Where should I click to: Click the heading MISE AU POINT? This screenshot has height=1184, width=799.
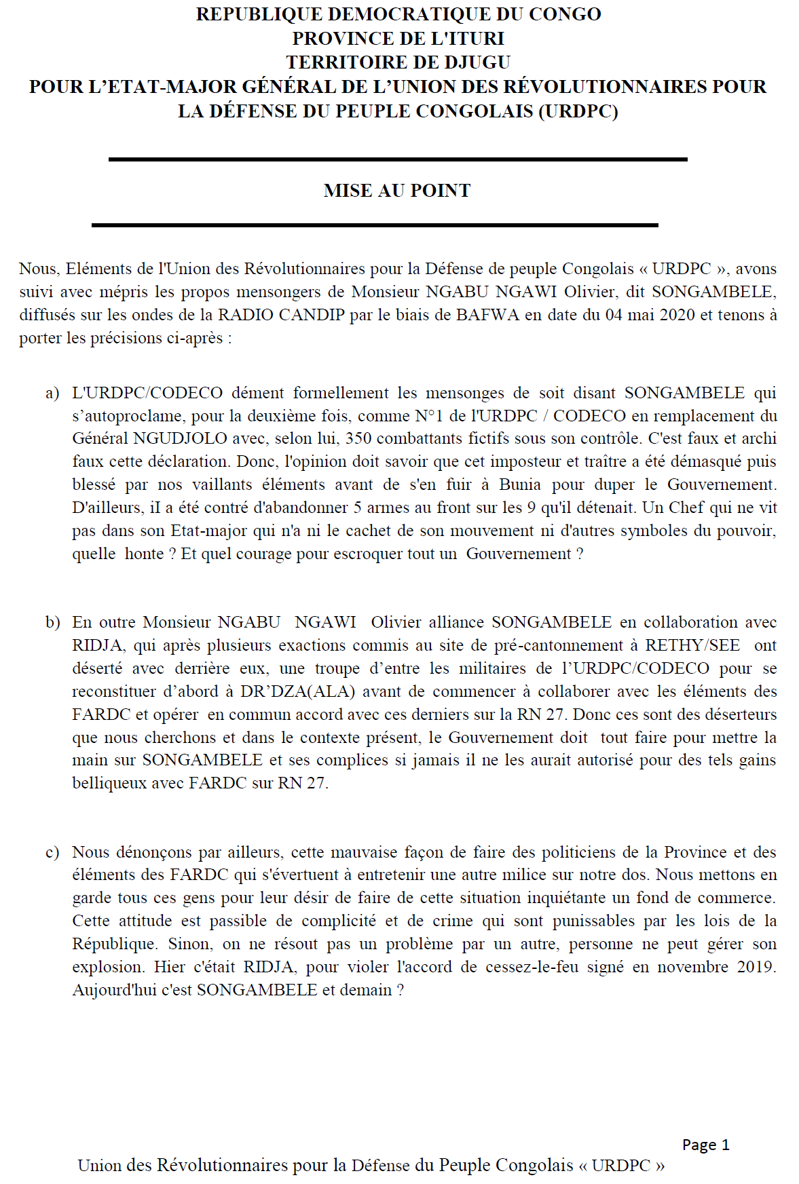pos(397,191)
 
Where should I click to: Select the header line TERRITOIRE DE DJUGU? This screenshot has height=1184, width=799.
pos(398,62)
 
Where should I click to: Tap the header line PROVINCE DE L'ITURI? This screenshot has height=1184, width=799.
pos(398,38)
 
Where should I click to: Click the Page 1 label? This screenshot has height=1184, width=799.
pos(705,1145)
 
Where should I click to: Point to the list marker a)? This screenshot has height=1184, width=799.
pos(52,394)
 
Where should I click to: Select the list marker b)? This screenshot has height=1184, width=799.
pos(52,623)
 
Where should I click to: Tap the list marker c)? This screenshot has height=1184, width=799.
pos(52,852)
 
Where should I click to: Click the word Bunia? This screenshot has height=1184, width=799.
pos(520,484)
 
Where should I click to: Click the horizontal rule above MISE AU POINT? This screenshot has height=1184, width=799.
pos(398,159)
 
